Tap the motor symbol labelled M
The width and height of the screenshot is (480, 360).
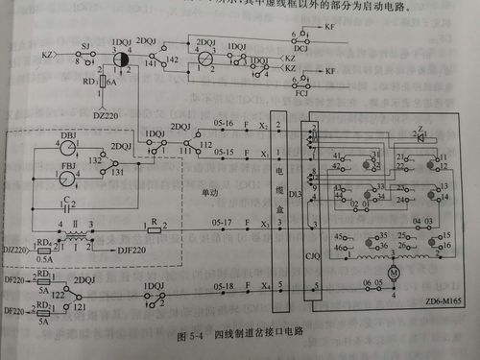coord(393,274)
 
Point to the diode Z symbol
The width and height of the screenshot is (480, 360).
coord(420,136)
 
